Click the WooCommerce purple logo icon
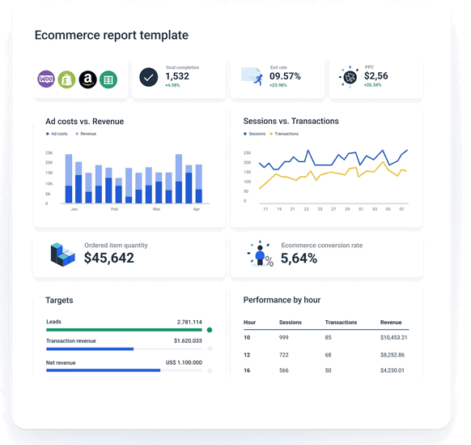(46, 79)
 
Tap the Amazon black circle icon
(87, 79)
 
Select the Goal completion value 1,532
(176, 76)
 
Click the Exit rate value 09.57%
(285, 76)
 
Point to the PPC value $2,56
(376, 76)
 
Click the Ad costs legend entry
(57, 134)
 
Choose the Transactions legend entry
(283, 134)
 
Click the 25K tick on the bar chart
(49, 152)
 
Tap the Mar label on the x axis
(156, 209)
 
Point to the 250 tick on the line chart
(247, 152)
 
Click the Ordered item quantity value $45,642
(109, 259)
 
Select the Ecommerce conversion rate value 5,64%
(299, 259)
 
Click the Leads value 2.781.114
(189, 322)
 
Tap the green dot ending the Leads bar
(210, 330)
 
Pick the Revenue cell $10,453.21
(393, 337)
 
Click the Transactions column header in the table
(341, 323)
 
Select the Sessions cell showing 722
(285, 354)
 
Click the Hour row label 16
(248, 370)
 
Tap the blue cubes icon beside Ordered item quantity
(62, 255)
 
